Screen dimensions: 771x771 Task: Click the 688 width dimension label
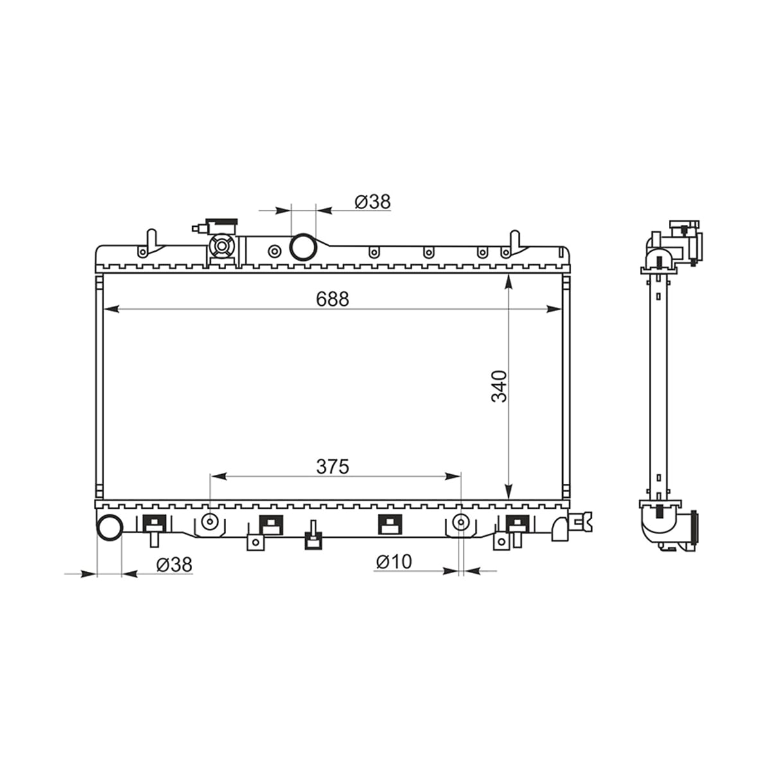[x=332, y=299]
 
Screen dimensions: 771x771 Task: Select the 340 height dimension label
[x=499, y=387]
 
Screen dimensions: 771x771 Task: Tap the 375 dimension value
[x=332, y=466]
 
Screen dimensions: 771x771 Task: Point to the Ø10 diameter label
[x=394, y=562]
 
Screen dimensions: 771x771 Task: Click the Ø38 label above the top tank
[x=373, y=202]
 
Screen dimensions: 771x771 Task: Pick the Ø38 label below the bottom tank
[x=175, y=565]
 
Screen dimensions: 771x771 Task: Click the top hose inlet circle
[x=303, y=247]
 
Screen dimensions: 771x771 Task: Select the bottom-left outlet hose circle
[x=109, y=528]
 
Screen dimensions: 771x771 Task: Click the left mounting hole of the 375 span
[x=210, y=522]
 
